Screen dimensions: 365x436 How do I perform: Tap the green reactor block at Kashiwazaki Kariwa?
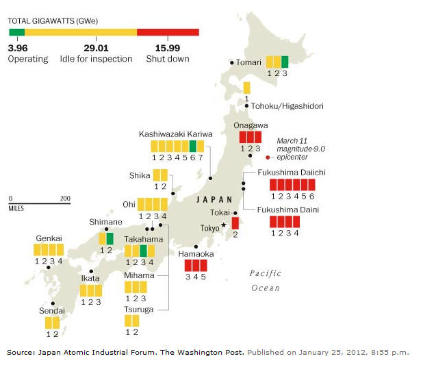coord(193,146)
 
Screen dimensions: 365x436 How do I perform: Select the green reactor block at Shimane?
coord(110,238)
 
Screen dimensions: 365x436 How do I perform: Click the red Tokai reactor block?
coord(235,223)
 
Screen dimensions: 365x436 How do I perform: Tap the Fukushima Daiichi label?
coord(291,172)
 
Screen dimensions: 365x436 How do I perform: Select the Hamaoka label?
coord(195,253)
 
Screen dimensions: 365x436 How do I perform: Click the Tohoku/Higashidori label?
coord(287,106)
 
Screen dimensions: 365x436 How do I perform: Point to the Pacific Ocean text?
coord(266,280)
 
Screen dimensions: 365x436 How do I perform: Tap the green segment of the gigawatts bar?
coord(16,32)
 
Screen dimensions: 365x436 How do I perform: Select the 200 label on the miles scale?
coord(65,199)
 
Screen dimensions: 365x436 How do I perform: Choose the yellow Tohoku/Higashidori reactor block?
coord(246,88)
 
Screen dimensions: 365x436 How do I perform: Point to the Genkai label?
coord(49,238)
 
